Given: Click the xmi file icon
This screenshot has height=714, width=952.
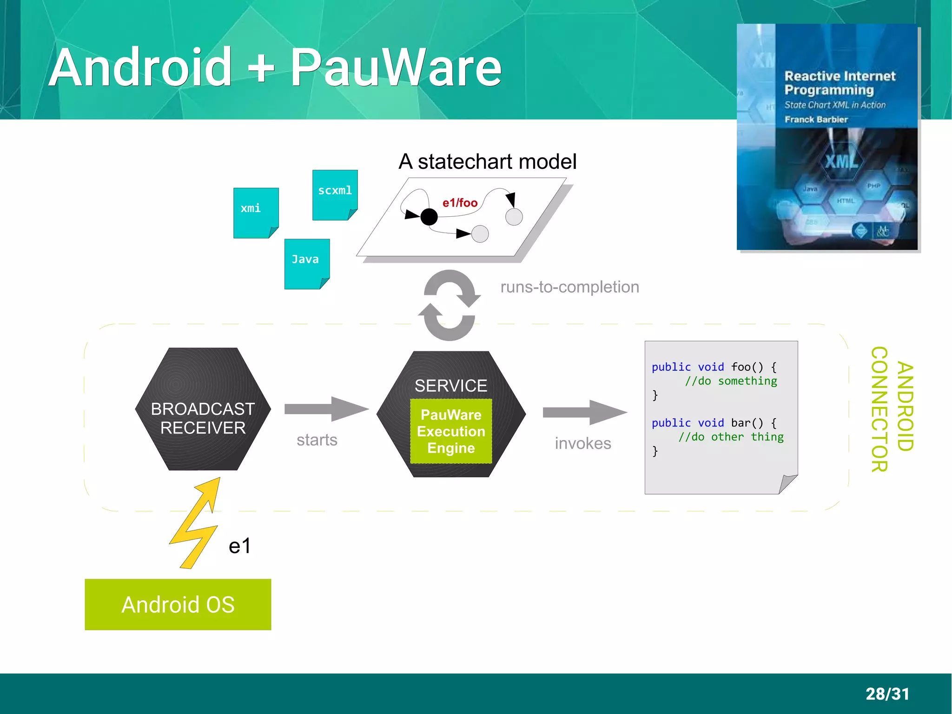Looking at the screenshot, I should [256, 213].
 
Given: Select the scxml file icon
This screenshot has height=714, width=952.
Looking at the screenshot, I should [335, 194].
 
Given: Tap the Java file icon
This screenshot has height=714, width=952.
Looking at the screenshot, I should [307, 264].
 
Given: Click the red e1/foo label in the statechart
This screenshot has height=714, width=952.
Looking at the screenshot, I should [460, 203].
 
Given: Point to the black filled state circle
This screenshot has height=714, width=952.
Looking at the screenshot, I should [429, 217].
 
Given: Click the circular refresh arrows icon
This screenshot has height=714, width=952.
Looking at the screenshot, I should [449, 305].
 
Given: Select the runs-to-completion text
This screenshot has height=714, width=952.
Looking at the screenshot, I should [569, 287].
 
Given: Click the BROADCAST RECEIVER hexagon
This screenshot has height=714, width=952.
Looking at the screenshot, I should [203, 409].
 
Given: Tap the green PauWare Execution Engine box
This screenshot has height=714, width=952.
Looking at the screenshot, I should [451, 431].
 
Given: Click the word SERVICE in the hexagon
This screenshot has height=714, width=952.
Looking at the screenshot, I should [450, 386].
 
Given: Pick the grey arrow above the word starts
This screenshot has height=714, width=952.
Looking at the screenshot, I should [326, 409].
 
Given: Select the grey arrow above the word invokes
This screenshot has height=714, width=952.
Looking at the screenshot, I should [585, 412].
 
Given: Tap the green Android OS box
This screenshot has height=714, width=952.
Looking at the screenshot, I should [178, 604].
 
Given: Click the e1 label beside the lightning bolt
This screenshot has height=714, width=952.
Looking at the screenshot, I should [239, 546].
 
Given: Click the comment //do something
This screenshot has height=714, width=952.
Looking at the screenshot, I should [731, 381].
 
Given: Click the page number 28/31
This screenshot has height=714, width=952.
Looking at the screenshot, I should [887, 694].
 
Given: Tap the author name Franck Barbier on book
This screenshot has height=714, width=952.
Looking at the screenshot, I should [816, 120].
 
